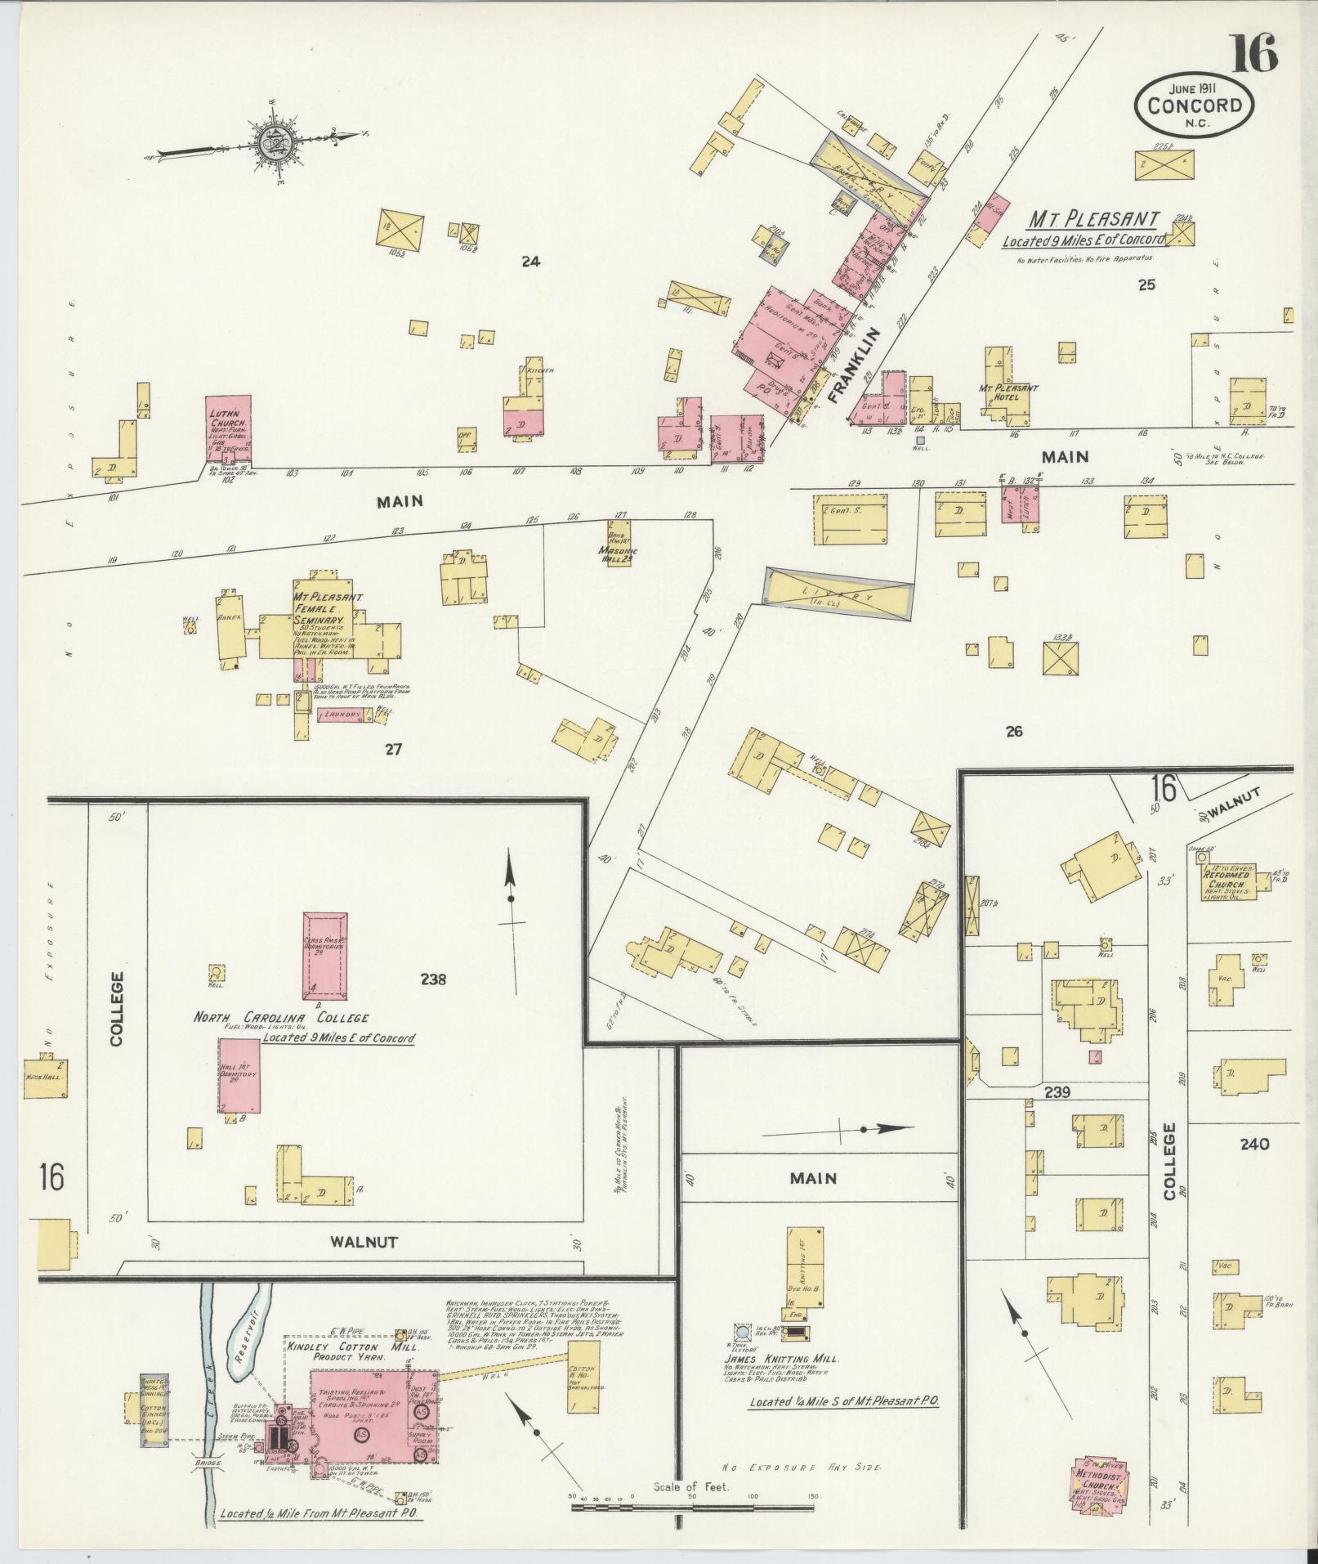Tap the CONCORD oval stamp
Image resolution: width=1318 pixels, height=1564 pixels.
click(x=1194, y=104)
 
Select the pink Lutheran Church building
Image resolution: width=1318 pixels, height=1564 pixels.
click(x=228, y=428)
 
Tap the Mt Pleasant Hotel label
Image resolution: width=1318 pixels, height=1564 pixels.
click(x=1007, y=392)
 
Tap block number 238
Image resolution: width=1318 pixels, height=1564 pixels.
click(x=432, y=979)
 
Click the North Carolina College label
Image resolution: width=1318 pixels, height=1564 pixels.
click(x=280, y=1018)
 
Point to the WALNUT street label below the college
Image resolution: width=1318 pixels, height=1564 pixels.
click(x=364, y=1264)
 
